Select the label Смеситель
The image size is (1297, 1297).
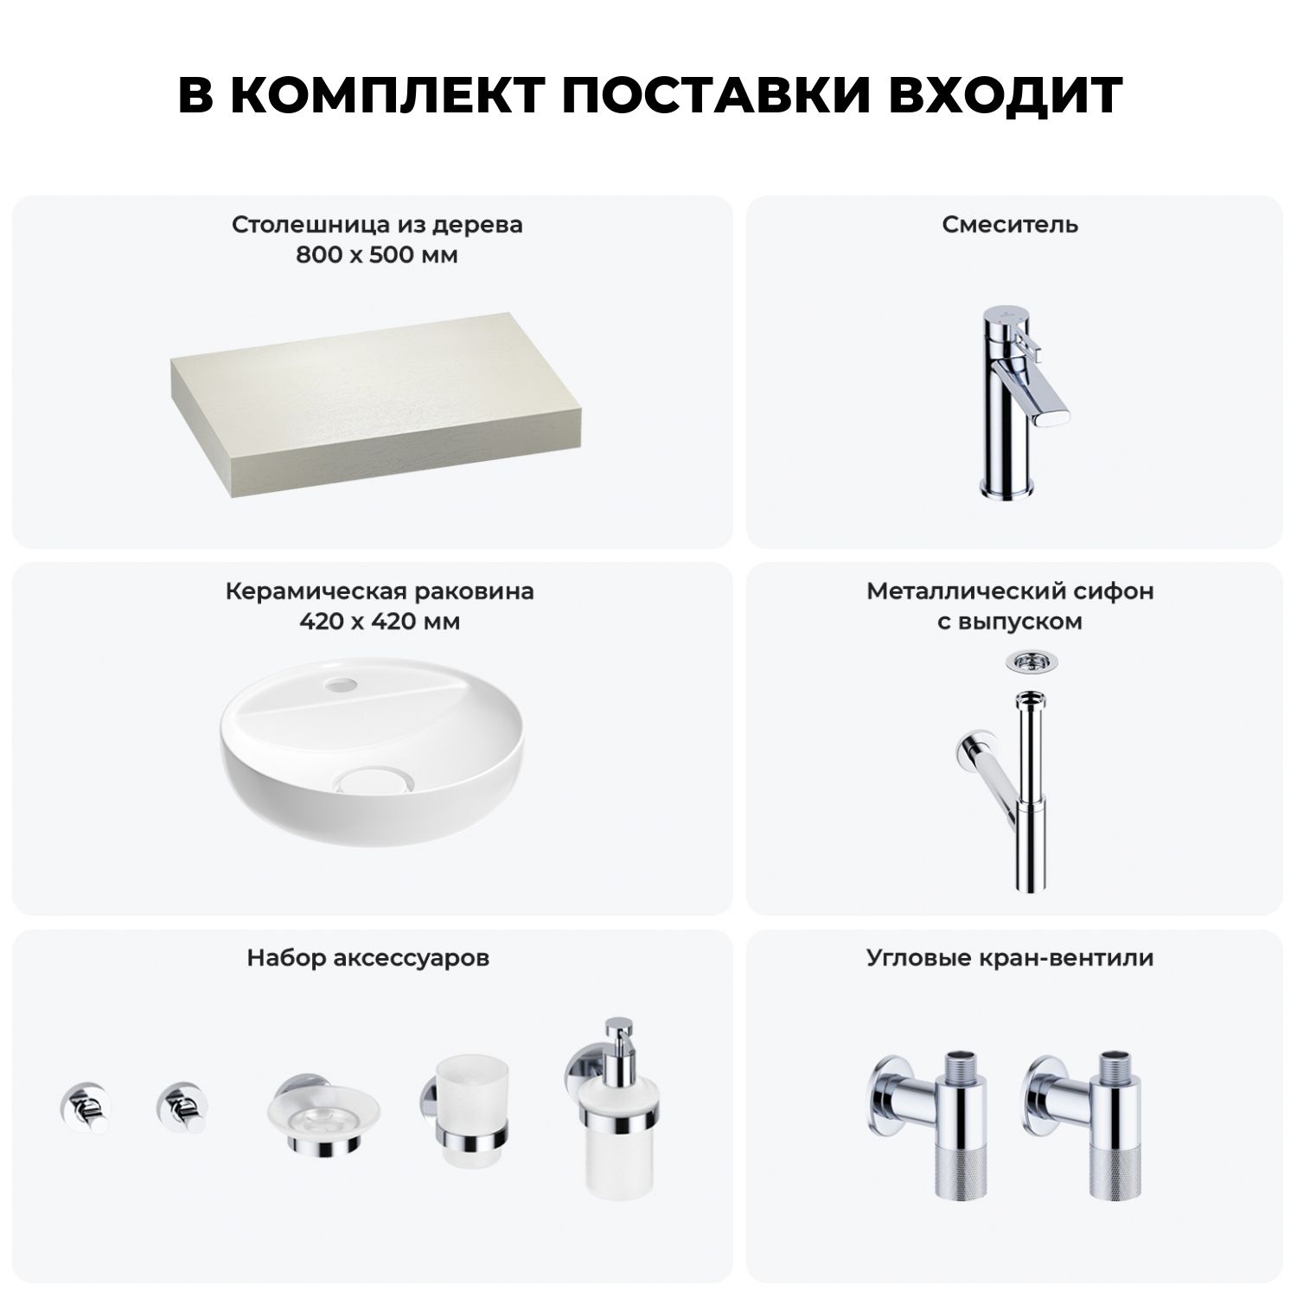[x=1010, y=225]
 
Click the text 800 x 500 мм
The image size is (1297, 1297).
[x=377, y=256]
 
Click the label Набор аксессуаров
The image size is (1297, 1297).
[x=368, y=958]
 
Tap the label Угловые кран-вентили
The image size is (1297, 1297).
[x=1010, y=958]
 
